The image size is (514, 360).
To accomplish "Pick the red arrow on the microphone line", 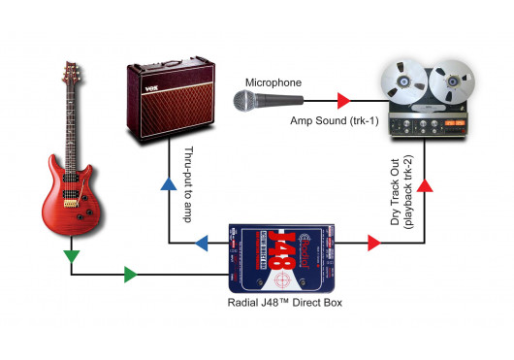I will click(x=341, y=99).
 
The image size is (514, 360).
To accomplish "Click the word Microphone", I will click(x=273, y=82).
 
